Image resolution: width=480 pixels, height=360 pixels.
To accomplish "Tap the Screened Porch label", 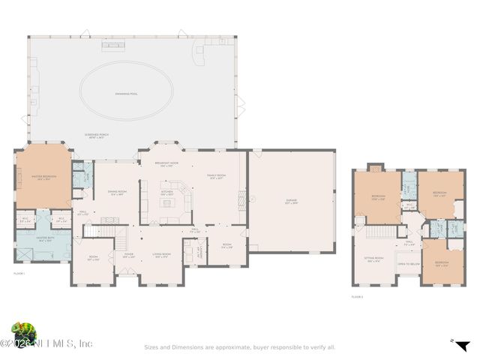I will [x=95, y=136].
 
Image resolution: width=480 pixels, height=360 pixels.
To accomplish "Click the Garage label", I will [x=291, y=202].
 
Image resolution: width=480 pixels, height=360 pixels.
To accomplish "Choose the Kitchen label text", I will [x=167, y=192].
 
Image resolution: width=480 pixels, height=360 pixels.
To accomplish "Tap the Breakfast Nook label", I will [x=166, y=164].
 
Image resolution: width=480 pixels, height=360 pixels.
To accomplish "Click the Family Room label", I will [x=217, y=177].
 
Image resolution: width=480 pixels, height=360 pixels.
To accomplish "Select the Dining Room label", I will [x=116, y=192].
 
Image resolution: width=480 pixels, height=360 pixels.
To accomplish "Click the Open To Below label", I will [x=408, y=264].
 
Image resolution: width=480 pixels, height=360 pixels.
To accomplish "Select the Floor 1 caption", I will [x=19, y=274].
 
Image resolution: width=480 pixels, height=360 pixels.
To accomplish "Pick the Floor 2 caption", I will [x=357, y=298].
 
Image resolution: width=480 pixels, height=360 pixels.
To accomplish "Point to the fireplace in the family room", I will [x=241, y=199].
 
